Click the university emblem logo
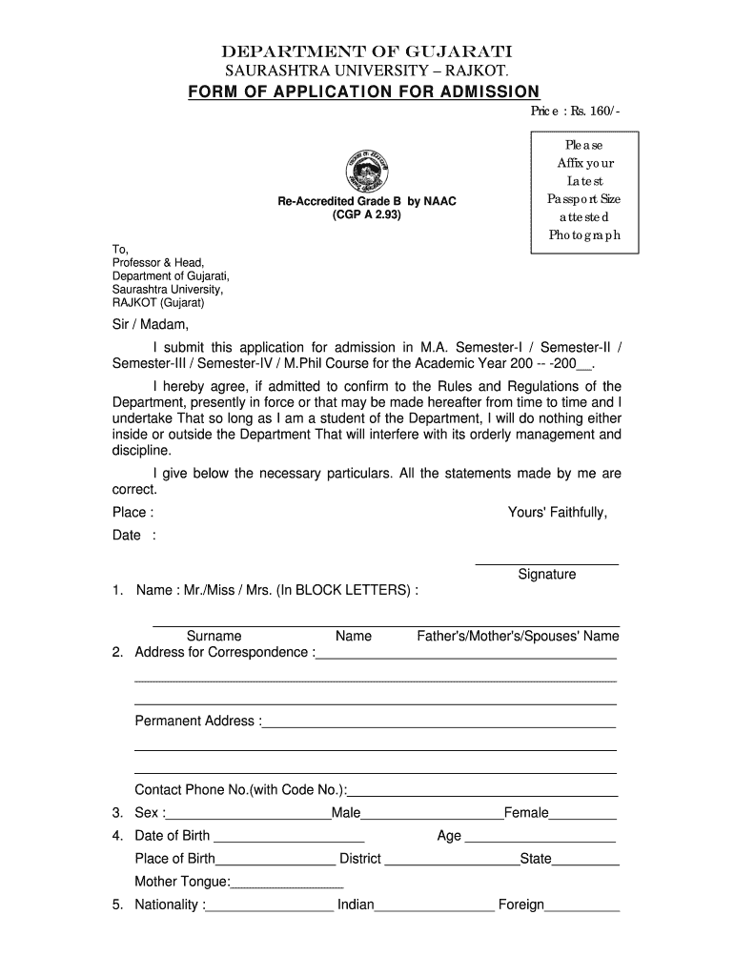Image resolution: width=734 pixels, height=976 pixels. click(367, 172)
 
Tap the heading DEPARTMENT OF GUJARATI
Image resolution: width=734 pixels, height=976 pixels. click(367, 51)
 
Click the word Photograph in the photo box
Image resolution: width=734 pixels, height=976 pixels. click(584, 235)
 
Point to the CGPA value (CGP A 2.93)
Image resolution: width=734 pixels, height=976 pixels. click(367, 216)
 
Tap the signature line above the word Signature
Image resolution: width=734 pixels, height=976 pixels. click(546, 563)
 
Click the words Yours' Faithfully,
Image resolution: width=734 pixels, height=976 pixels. click(558, 513)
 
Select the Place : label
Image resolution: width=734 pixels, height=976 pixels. click(133, 513)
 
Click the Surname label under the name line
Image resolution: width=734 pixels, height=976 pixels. click(214, 636)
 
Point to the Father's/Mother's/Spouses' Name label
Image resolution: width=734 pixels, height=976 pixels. click(518, 636)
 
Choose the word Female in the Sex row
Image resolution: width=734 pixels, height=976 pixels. click(526, 813)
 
